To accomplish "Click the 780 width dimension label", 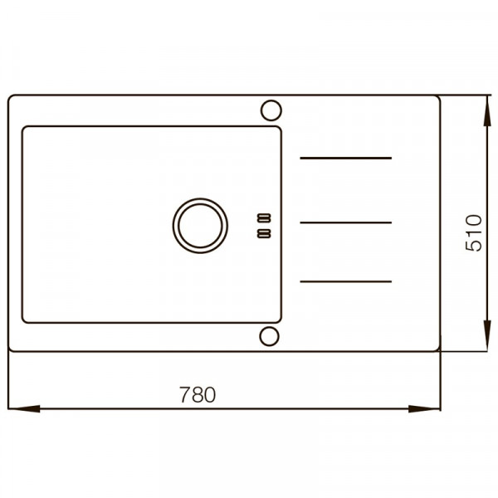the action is [x=198, y=394].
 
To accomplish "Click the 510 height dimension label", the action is [x=474, y=232].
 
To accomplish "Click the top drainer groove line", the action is [x=346, y=158].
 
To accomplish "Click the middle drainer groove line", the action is [x=346, y=222].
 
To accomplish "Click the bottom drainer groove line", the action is [x=346, y=281].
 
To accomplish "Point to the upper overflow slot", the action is [x=264, y=217].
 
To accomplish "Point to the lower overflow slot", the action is [x=264, y=233].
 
